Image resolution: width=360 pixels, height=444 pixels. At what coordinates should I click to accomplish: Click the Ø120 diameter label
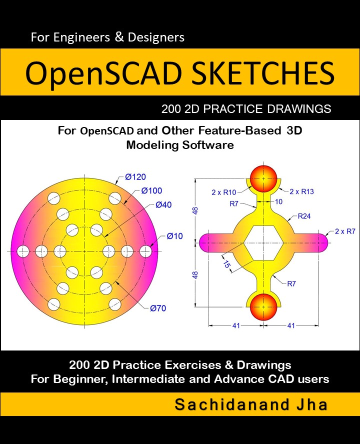pyautogui.click(x=135, y=177)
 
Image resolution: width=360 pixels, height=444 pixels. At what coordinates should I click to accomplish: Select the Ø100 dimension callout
pyautogui.click(x=151, y=190)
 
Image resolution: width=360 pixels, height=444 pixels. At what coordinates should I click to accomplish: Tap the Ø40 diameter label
pyautogui.click(x=163, y=204)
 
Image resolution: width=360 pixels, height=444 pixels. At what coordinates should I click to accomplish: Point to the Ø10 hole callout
pyautogui.click(x=174, y=236)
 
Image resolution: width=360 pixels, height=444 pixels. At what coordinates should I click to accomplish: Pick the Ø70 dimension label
pyautogui.click(x=158, y=308)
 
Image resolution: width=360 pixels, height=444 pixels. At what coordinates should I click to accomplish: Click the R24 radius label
pyautogui.click(x=304, y=216)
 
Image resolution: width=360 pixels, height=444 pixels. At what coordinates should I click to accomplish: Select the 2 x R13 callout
pyautogui.click(x=301, y=191)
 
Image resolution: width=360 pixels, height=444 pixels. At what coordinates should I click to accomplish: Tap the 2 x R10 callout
pyautogui.click(x=224, y=192)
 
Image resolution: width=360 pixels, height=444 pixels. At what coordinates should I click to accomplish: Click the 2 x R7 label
pyautogui.click(x=345, y=231)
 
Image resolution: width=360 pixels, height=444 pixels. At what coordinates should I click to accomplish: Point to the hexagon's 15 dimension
pyautogui.click(x=227, y=264)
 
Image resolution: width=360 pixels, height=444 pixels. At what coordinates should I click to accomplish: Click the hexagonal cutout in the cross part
pyautogui.click(x=263, y=243)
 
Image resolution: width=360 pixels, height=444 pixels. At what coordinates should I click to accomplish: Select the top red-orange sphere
pyautogui.click(x=263, y=178)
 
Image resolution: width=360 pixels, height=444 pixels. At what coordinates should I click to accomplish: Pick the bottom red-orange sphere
pyautogui.click(x=263, y=307)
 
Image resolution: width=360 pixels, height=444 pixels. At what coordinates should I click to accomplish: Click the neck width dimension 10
pyautogui.click(x=278, y=201)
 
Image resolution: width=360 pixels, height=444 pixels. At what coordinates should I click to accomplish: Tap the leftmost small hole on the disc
pyautogui.click(x=23, y=251)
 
